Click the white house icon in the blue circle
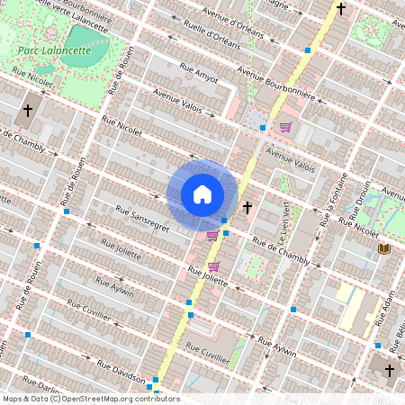pyautogui.click(x=202, y=194)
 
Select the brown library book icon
pyautogui.click(x=384, y=247)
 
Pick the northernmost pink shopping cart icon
pyautogui.click(x=286, y=127)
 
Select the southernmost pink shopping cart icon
pyautogui.click(x=213, y=266)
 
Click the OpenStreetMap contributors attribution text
pyautogui.click(x=90, y=399)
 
